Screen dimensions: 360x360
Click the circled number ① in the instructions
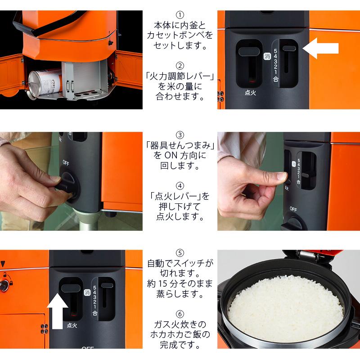coord(180,15)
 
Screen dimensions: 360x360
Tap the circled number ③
coord(180,135)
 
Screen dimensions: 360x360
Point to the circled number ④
coord(180,185)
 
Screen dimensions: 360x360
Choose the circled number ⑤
coord(180,253)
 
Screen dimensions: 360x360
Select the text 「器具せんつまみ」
coord(180,146)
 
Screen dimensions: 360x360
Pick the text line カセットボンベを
coord(180,36)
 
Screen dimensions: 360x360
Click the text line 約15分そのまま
coord(180,284)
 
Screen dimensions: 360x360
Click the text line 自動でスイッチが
coord(180,263)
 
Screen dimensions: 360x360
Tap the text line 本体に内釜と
coord(180,26)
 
